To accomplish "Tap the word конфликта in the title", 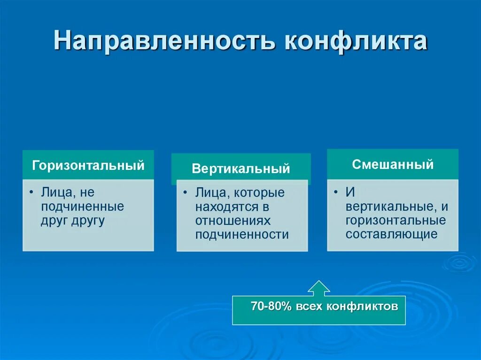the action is (x=356, y=40).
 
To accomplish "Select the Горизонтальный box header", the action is (x=88, y=165).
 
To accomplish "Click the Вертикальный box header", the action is (x=241, y=169).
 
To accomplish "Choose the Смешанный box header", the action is (x=393, y=164).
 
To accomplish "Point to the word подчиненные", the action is (x=83, y=207).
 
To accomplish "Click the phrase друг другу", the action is (x=73, y=221).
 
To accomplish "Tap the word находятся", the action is (x=222, y=207).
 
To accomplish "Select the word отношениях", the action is (x=233, y=221).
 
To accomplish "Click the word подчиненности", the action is (x=242, y=235).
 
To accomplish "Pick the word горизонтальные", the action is (x=396, y=221).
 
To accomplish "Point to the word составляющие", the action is (x=391, y=234).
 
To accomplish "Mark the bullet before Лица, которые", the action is (x=185, y=192).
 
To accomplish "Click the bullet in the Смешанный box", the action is (x=336, y=192).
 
